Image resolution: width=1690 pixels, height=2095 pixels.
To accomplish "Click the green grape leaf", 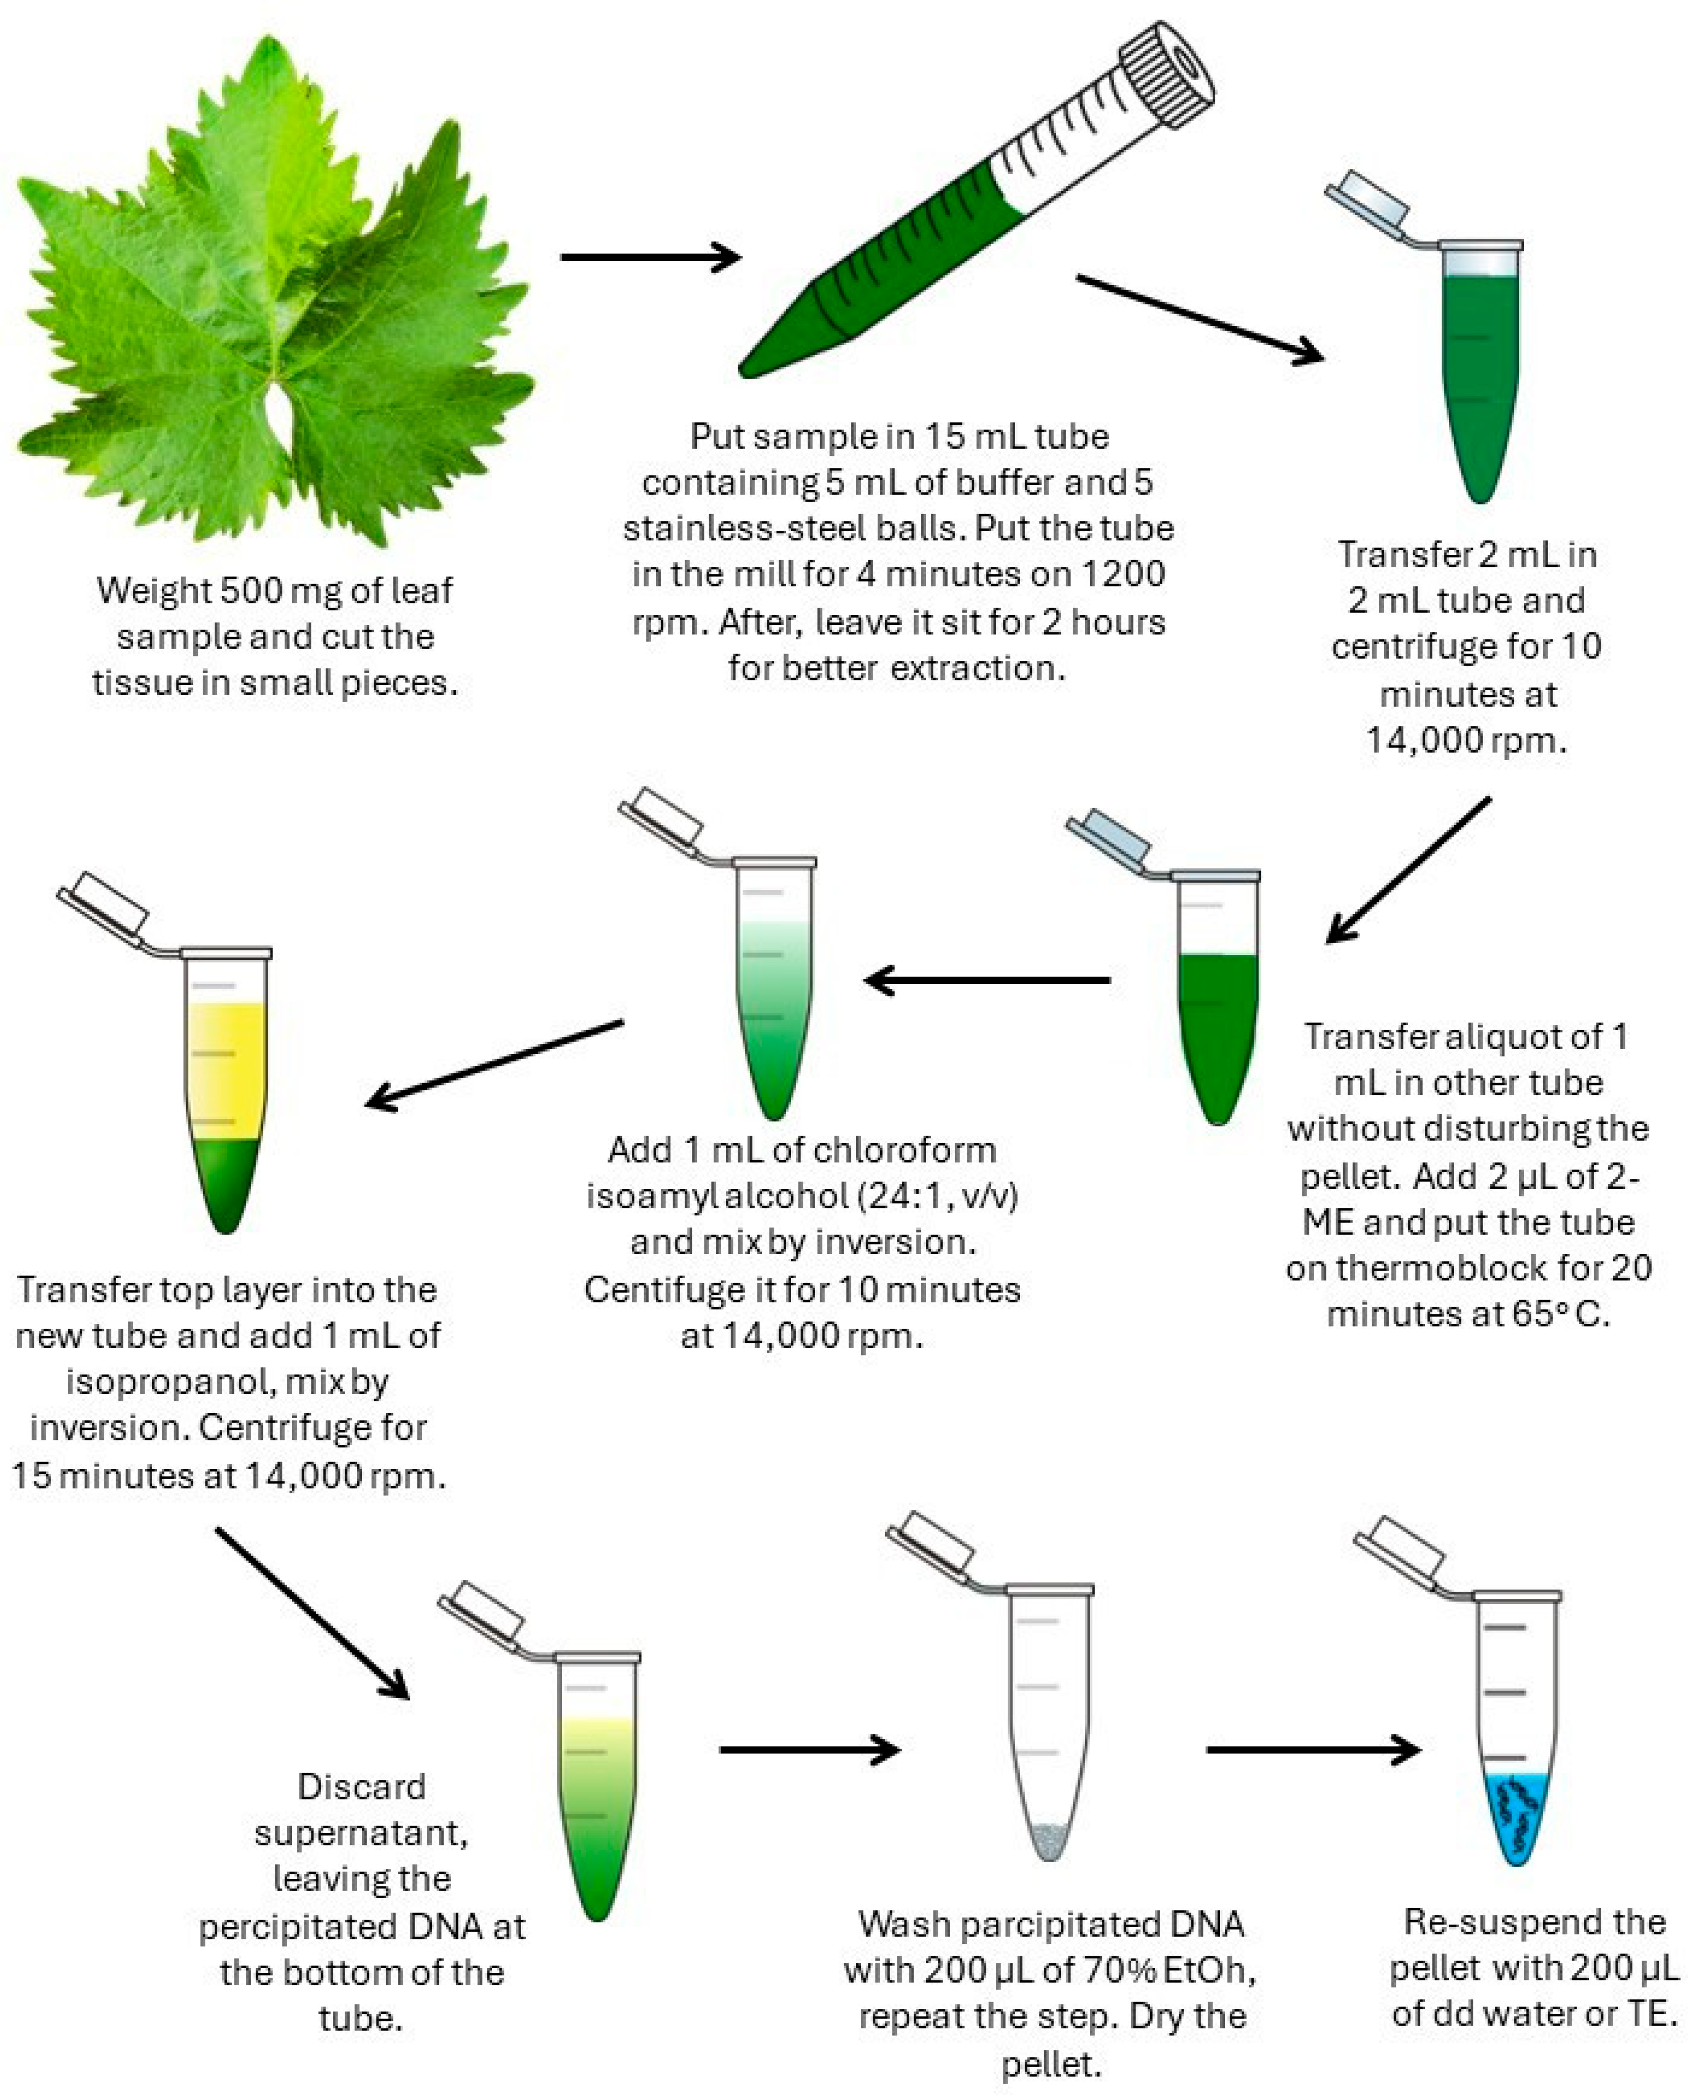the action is [x=273, y=292].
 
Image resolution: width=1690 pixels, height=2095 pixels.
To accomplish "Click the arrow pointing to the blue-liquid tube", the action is [x=1313, y=1749].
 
